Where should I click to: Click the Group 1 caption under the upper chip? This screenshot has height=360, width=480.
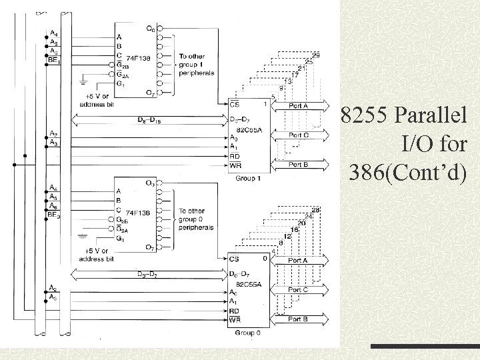248,178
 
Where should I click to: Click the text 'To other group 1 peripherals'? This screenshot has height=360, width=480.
196,65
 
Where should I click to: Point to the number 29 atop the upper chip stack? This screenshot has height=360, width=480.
315,54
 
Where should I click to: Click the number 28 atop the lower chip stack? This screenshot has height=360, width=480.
315,210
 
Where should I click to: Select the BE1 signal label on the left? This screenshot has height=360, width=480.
54,60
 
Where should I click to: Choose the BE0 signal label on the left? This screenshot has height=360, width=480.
55,215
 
